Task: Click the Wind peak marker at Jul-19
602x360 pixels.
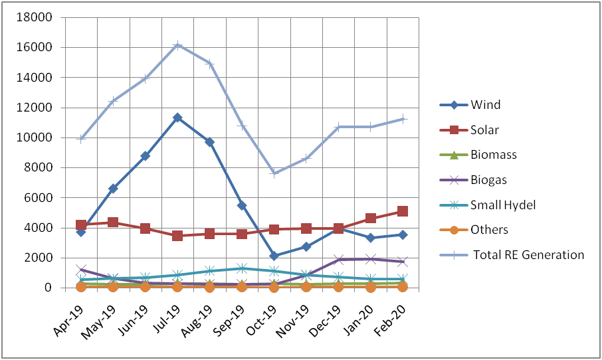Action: click(x=177, y=118)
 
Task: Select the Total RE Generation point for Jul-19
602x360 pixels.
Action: click(x=177, y=45)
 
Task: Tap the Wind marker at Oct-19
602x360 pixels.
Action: click(x=274, y=256)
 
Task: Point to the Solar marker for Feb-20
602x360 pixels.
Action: click(x=403, y=211)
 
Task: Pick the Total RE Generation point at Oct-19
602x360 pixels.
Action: click(x=274, y=173)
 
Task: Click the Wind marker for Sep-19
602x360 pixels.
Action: click(x=241, y=205)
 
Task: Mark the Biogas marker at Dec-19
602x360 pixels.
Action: click(x=338, y=260)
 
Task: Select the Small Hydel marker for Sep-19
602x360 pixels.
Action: click(x=241, y=268)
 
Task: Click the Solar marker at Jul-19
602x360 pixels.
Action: click(x=177, y=236)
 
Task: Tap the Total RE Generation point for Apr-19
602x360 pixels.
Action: click(x=80, y=139)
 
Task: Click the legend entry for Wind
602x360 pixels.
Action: click(x=470, y=105)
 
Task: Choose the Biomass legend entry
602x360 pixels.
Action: click(x=478, y=155)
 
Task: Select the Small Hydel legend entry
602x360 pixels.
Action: click(x=488, y=205)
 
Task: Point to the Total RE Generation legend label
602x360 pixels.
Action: click(x=529, y=255)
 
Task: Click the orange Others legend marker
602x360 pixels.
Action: click(x=454, y=230)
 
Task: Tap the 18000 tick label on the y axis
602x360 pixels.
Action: click(x=34, y=17)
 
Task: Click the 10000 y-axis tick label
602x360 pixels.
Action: click(x=34, y=137)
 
